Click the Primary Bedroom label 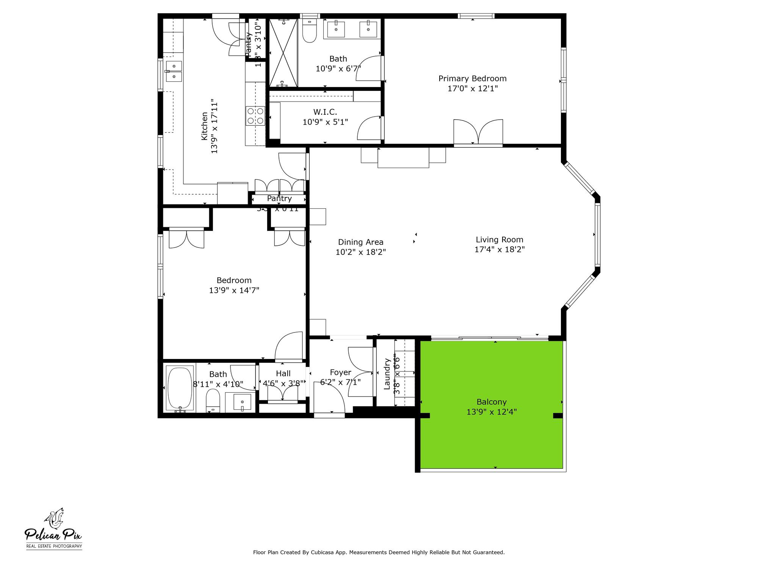tap(472, 79)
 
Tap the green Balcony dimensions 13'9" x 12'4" tap(492, 412)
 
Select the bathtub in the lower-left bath tap(180, 388)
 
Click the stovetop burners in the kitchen tap(255, 116)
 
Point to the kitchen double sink tap(174, 71)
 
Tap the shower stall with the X tap(283, 53)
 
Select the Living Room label tap(499, 240)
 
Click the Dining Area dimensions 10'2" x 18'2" tap(360, 252)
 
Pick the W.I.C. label tap(325, 112)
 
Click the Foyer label tap(340, 373)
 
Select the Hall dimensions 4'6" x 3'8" tap(283, 383)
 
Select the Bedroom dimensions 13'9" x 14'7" tap(234, 290)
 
